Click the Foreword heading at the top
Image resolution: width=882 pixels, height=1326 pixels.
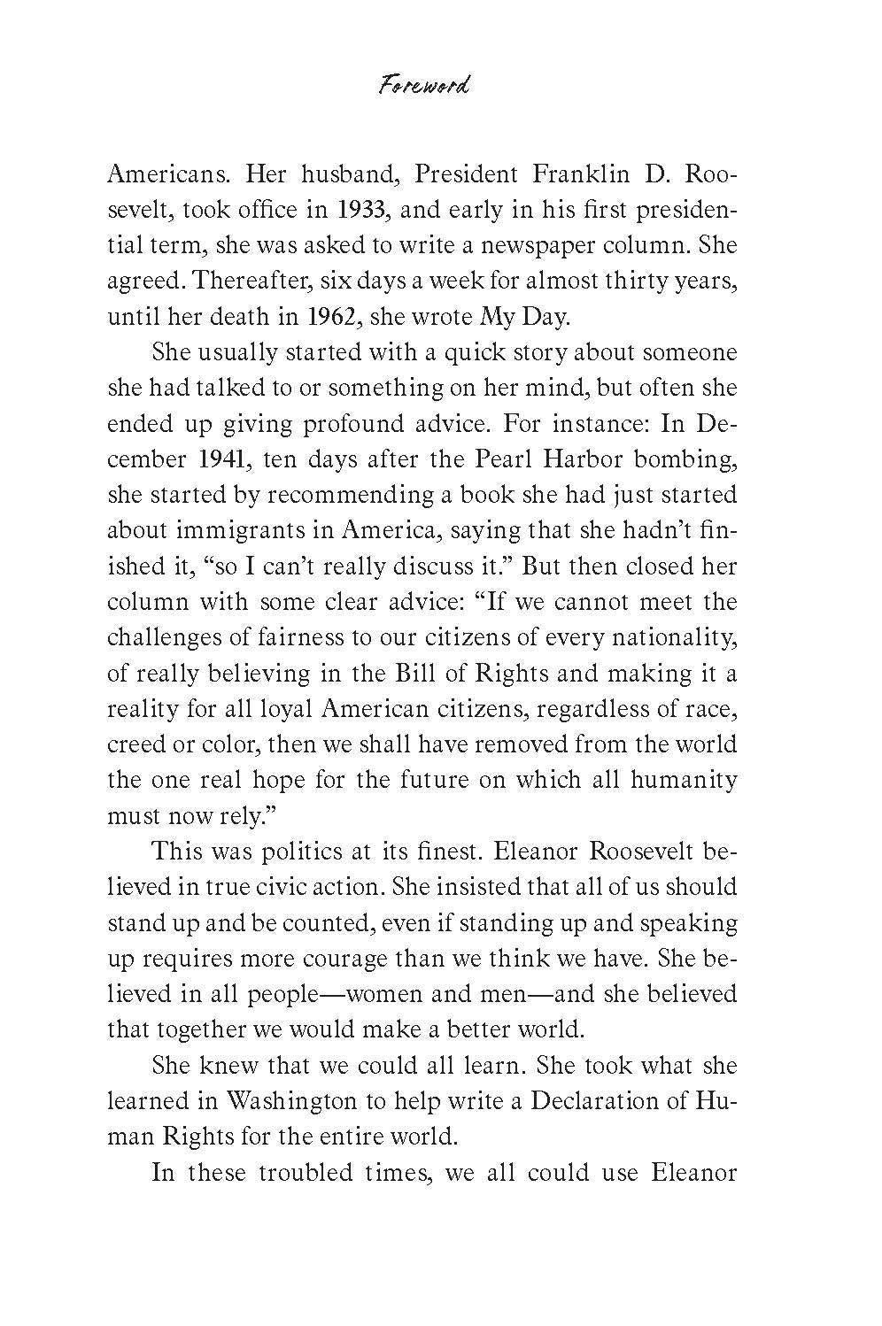(422, 87)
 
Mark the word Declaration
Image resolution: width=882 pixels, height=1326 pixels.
(602, 1099)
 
